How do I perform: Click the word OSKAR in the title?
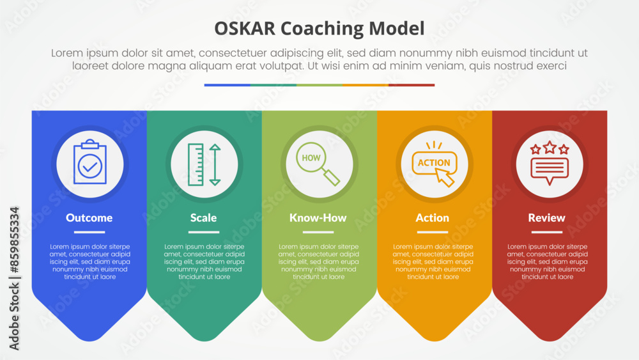245,29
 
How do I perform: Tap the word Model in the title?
397,29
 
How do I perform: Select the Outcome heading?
89,217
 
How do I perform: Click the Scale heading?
203,217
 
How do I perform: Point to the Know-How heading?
318,217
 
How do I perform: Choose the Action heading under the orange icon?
433,217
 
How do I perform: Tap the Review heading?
546,217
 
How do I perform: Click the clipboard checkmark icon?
90,162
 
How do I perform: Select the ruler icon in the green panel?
196,164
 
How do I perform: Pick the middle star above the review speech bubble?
550,147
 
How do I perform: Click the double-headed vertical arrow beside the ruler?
215,165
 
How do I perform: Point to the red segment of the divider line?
412,85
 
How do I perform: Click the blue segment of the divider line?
227,85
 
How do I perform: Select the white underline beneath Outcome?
89,232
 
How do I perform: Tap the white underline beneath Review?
547,232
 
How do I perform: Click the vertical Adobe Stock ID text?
14,278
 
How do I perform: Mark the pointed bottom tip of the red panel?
550,341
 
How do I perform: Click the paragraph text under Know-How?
319,262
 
